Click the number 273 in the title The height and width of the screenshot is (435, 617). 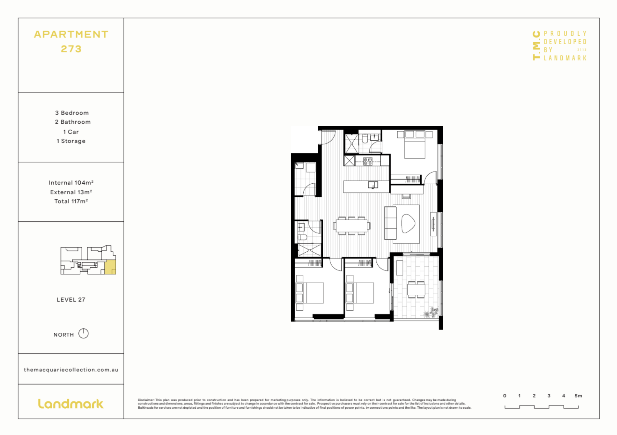click(71, 49)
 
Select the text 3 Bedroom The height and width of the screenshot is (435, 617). click(72, 113)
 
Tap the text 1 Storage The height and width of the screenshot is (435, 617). click(71, 141)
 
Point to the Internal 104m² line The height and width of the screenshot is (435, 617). click(71, 183)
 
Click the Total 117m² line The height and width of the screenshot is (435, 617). click(71, 201)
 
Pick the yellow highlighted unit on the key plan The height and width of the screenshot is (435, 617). click(110, 267)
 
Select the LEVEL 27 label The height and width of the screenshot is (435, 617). click(71, 300)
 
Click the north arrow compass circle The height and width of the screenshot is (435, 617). click(84, 333)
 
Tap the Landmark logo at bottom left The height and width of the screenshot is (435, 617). click(71, 404)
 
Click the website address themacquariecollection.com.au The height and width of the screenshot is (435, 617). click(71, 370)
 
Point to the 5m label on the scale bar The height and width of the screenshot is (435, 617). click(578, 396)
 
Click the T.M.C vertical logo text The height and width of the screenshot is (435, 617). click(536, 46)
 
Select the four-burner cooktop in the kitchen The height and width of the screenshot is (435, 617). click(368, 161)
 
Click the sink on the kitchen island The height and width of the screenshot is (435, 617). click(373, 185)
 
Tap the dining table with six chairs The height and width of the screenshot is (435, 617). click(351, 226)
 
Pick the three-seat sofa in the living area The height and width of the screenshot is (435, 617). click(390, 223)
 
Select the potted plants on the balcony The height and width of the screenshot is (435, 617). click(431, 313)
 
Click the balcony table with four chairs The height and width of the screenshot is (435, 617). click(416, 289)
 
